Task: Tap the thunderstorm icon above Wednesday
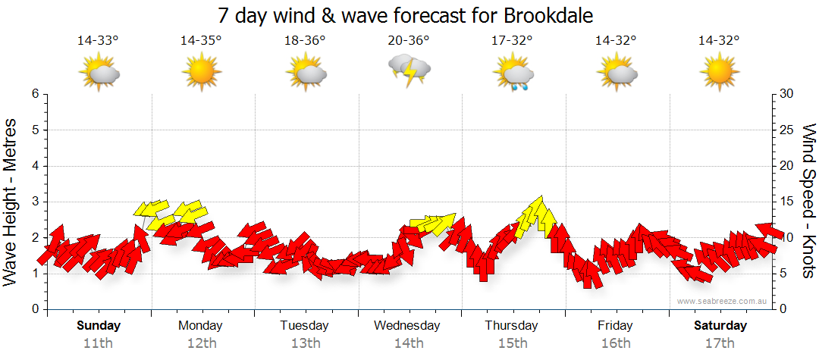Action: [410, 70]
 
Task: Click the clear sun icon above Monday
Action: [201, 73]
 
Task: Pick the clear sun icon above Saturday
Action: [718, 73]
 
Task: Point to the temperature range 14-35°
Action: [201, 41]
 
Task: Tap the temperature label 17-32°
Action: [512, 41]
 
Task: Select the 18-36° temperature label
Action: [305, 41]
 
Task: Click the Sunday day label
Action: [99, 326]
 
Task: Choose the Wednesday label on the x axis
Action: [407, 326]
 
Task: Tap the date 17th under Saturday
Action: [720, 343]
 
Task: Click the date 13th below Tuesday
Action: [305, 343]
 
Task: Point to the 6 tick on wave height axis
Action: [35, 94]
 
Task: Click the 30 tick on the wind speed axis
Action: [786, 94]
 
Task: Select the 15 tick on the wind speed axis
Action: [786, 202]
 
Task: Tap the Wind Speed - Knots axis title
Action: [808, 201]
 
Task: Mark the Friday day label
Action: [615, 326]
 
